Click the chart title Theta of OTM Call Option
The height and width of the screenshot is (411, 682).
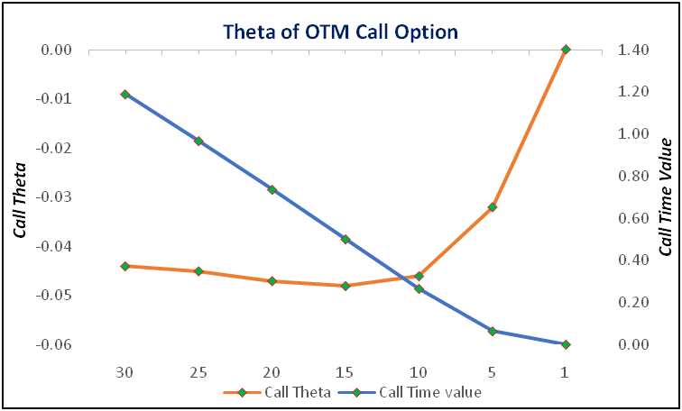(x=341, y=32)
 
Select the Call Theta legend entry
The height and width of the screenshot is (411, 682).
(x=277, y=392)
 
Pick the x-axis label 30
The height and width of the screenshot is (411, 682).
(x=125, y=372)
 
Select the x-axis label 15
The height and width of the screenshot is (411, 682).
(x=346, y=372)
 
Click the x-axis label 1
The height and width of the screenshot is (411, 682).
(x=565, y=372)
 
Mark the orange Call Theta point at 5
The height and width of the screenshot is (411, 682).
(x=493, y=207)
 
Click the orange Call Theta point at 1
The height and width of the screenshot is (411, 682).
(x=566, y=50)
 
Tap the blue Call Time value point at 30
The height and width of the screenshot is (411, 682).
(x=125, y=95)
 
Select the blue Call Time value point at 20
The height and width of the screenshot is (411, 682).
(x=272, y=190)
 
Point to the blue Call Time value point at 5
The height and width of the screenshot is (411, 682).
(x=493, y=332)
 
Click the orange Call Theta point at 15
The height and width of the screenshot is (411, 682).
(x=346, y=286)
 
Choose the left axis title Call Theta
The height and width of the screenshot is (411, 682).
(x=20, y=200)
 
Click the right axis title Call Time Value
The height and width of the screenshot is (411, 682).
(x=665, y=197)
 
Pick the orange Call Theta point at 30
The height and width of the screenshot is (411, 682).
(x=125, y=266)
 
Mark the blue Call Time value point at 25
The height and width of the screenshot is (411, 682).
(x=198, y=142)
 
